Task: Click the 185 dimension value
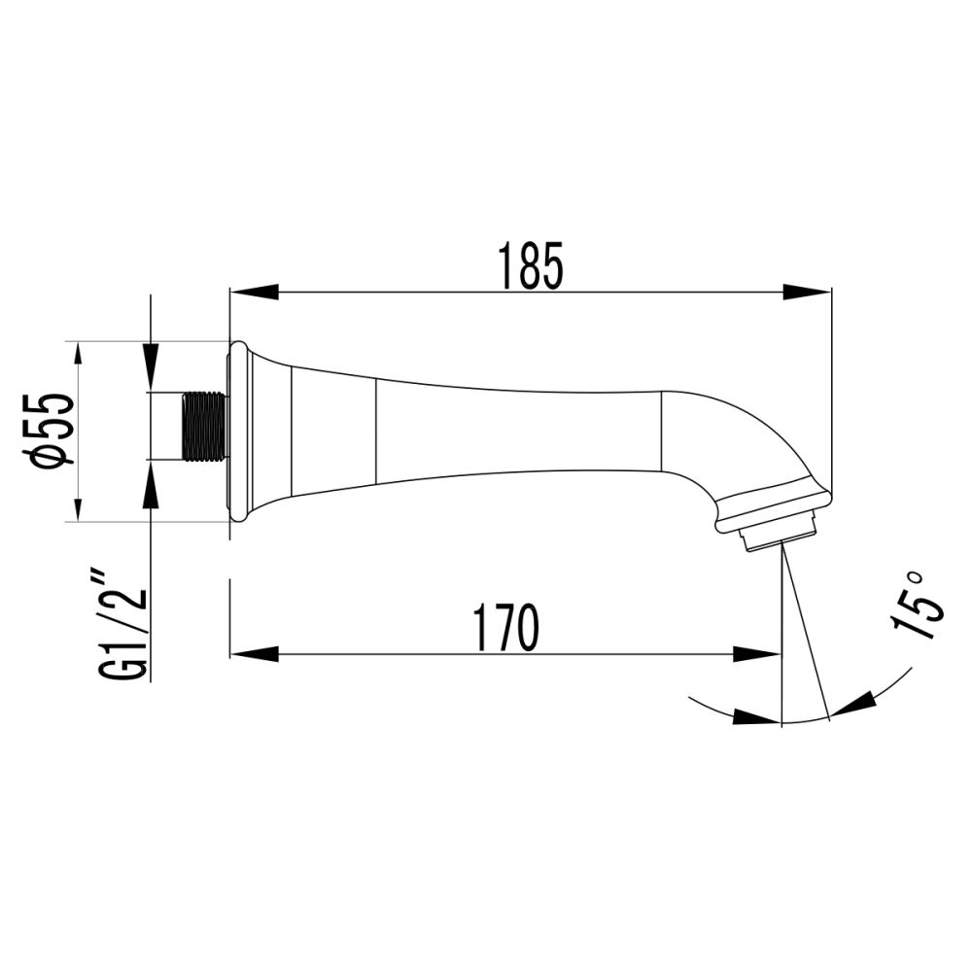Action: pos(530,265)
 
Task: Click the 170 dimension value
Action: pos(505,628)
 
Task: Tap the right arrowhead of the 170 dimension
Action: pos(757,654)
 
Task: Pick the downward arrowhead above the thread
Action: pos(150,370)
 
